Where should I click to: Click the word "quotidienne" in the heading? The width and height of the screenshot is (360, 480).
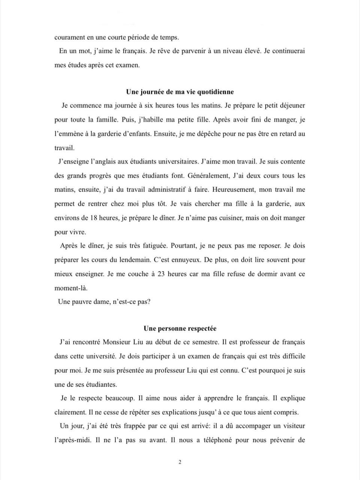215,92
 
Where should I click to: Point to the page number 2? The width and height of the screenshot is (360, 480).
180,462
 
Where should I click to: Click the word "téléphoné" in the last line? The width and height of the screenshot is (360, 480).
215,440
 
